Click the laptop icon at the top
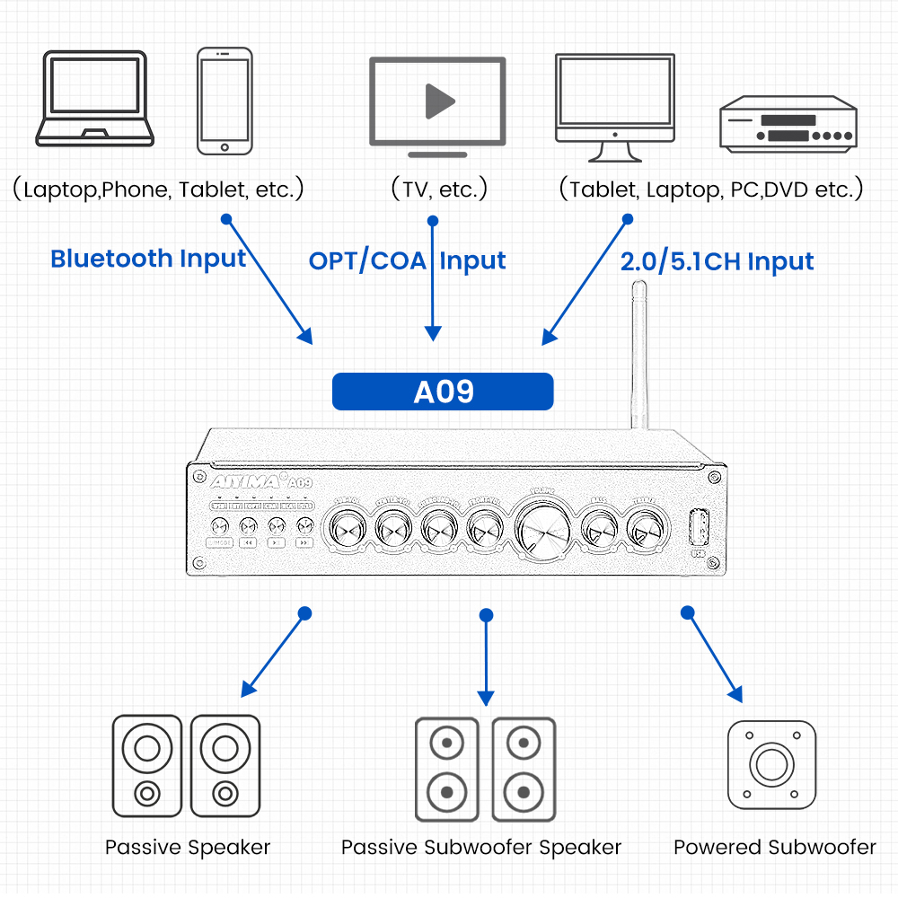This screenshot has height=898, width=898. pyautogui.click(x=95, y=99)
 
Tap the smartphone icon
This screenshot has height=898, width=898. pyautogui.click(x=224, y=101)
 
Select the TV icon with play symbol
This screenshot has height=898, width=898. pyautogui.click(x=437, y=101)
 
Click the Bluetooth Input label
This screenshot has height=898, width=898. pyautogui.click(x=148, y=259)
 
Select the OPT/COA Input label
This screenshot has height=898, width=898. pyautogui.click(x=407, y=261)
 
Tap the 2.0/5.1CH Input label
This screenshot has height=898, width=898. pyautogui.click(x=717, y=261)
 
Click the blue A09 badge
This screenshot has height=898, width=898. pyautogui.click(x=443, y=392)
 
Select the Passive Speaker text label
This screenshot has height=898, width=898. pyautogui.click(x=188, y=847)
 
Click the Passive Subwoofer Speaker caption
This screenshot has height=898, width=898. pyautogui.click(x=481, y=847)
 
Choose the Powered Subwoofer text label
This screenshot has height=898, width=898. pyautogui.click(x=774, y=847)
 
